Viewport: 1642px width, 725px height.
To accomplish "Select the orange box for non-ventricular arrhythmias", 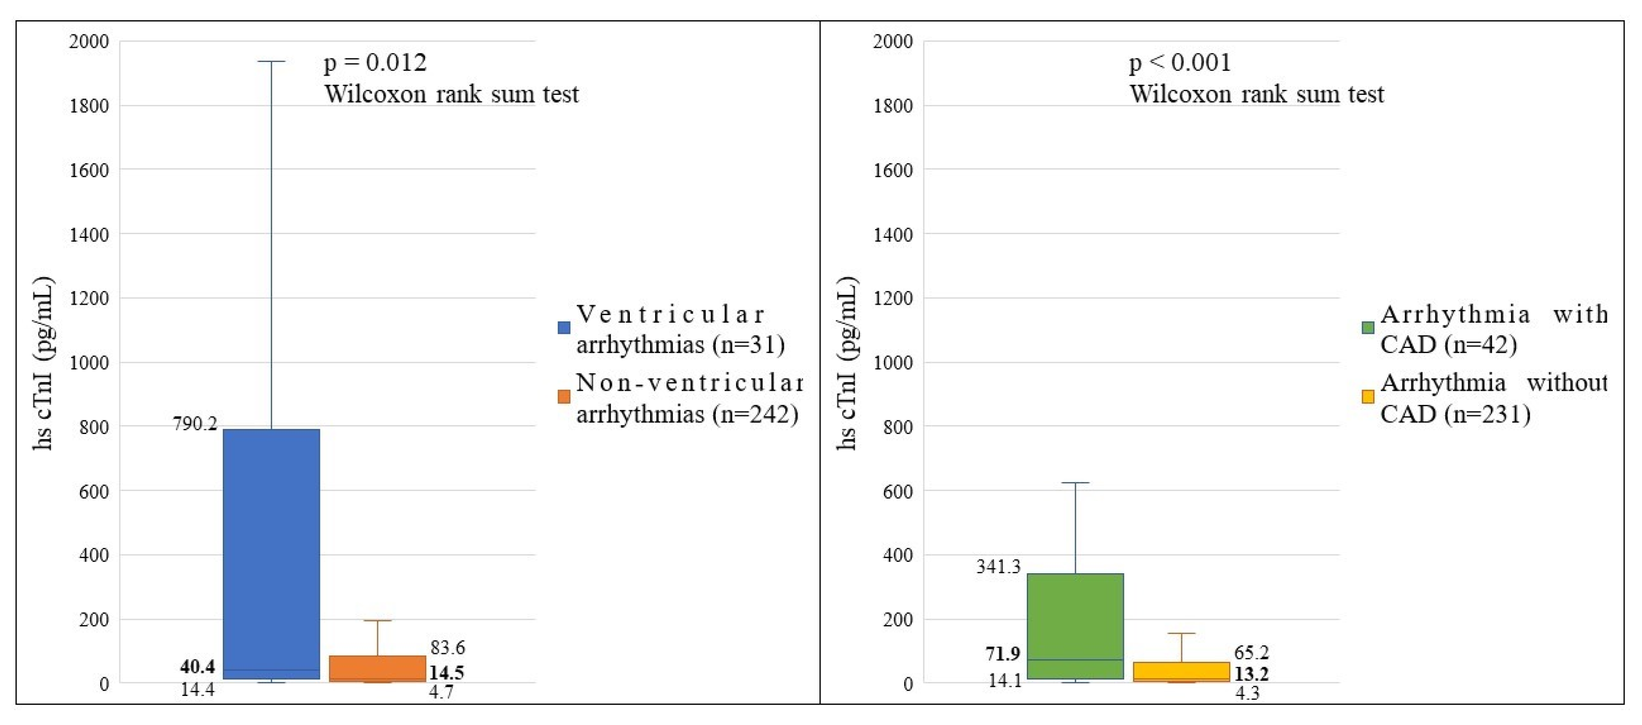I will pyautogui.click(x=377, y=667).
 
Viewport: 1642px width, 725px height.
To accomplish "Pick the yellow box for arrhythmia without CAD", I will pyautogui.click(x=1181, y=671).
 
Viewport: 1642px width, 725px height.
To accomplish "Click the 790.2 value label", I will pyautogui.click(x=195, y=424).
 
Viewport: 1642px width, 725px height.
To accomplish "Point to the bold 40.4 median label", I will pyautogui.click(x=198, y=666).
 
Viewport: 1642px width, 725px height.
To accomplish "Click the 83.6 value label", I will pyautogui.click(x=447, y=647).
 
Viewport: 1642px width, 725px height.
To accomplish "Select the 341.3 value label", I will pyautogui.click(x=998, y=566).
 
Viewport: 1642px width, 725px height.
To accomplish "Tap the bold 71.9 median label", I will pyautogui.click(x=1003, y=654).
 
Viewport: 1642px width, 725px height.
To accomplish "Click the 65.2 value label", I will pyautogui.click(x=1251, y=652).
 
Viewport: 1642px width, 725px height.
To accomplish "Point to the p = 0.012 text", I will pyautogui.click(x=375, y=62).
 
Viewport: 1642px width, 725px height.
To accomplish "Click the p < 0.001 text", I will pyautogui.click(x=1180, y=62).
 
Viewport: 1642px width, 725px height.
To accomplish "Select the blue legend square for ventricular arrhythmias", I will pyautogui.click(x=564, y=328).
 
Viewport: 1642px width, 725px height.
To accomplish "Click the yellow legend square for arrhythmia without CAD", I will pyautogui.click(x=1367, y=397).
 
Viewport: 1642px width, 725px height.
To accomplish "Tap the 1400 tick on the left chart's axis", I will pyautogui.click(x=89, y=235).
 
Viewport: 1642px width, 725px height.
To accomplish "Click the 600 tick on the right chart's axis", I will pyautogui.click(x=898, y=492).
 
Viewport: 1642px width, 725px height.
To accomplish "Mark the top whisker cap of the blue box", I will pyautogui.click(x=271, y=62).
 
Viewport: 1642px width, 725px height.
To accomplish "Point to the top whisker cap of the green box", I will pyautogui.click(x=1075, y=483).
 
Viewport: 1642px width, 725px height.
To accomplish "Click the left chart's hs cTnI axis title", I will pyautogui.click(x=43, y=363).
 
